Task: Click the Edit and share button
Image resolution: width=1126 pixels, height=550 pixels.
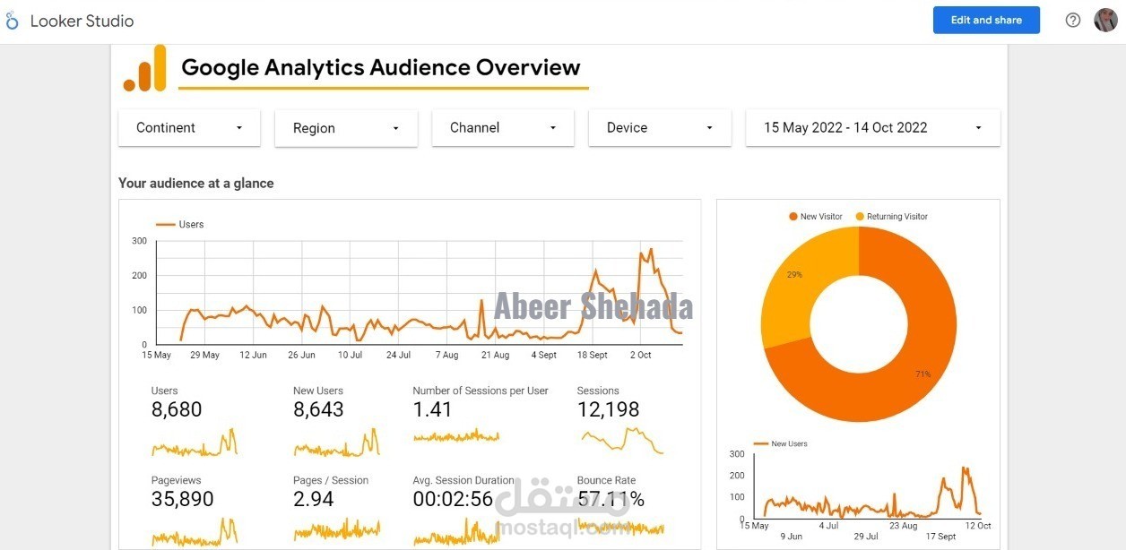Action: click(986, 20)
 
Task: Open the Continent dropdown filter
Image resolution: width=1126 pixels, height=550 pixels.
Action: click(189, 128)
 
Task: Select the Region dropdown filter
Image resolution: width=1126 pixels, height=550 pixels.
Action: click(345, 128)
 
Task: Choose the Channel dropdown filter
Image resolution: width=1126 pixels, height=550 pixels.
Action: click(502, 128)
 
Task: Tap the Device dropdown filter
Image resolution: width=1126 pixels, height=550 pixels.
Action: click(660, 128)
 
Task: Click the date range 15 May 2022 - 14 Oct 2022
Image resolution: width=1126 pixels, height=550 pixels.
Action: click(872, 128)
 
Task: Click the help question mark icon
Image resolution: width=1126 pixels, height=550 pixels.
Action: click(1073, 20)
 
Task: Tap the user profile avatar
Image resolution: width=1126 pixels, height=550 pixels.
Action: click(1105, 20)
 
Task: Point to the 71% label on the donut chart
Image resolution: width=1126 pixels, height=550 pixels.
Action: click(922, 374)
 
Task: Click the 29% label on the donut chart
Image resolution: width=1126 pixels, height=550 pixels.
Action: click(794, 274)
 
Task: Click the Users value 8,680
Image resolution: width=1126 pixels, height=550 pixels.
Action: click(177, 410)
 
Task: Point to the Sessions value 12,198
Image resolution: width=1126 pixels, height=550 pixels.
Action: click(608, 410)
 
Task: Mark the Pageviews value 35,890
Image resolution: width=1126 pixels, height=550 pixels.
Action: click(182, 500)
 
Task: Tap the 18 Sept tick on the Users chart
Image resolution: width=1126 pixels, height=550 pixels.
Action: click(592, 356)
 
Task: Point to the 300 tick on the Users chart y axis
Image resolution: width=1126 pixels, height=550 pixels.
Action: click(139, 241)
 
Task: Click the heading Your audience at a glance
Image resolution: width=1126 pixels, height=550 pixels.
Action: click(196, 184)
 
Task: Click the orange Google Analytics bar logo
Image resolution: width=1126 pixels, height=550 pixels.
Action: click(145, 68)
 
